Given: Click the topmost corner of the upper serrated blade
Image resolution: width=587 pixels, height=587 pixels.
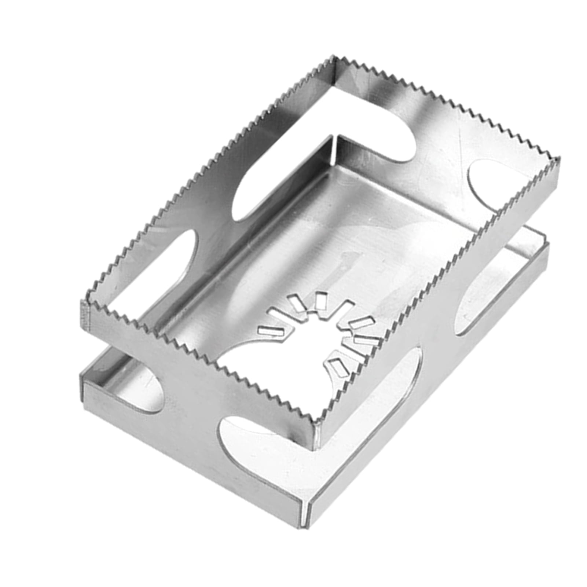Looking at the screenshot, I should click(334, 57).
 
